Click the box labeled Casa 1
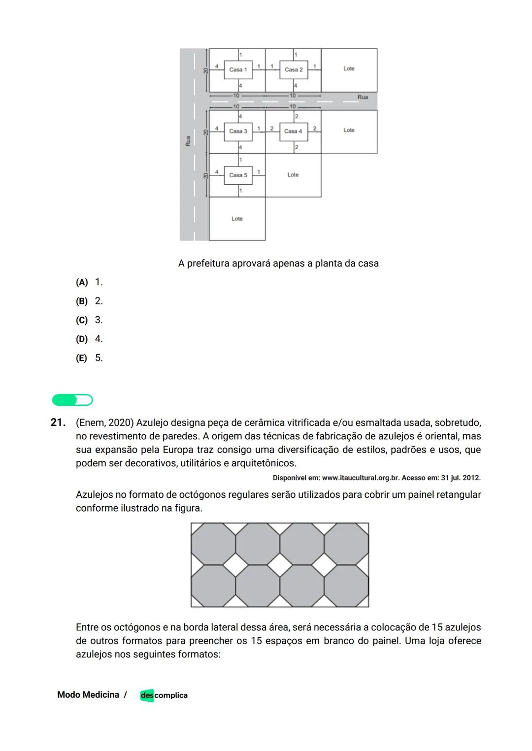(x=238, y=69)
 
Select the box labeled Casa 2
(x=294, y=69)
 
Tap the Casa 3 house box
(x=238, y=131)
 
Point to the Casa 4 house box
(x=293, y=131)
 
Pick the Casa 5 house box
(x=238, y=175)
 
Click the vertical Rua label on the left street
(x=188, y=141)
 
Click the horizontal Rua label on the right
(x=363, y=97)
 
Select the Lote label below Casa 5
(x=237, y=219)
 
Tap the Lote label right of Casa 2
(x=349, y=68)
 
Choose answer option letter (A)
(x=81, y=283)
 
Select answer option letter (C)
(x=81, y=321)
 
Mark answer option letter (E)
(x=81, y=359)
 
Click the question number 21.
(x=58, y=423)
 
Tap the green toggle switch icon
(x=72, y=400)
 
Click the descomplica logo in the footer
(x=164, y=695)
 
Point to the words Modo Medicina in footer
(x=88, y=695)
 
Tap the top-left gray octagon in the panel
(x=213, y=544)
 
